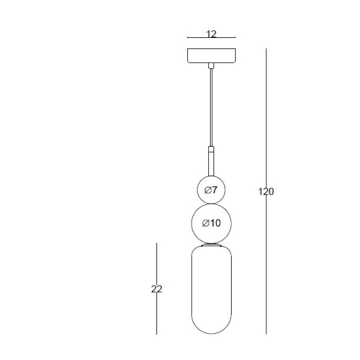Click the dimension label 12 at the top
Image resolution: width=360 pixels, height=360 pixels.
point(211,34)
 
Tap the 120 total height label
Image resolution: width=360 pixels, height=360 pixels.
point(266,192)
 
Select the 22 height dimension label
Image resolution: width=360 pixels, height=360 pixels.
point(156,289)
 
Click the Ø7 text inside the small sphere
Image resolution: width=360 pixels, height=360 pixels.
point(211,190)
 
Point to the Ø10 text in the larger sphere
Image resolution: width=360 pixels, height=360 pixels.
point(211,223)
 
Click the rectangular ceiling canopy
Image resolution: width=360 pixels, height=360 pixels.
point(211,56)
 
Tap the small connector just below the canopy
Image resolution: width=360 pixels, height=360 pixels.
point(211,65)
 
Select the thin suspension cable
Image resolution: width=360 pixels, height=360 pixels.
point(211,107)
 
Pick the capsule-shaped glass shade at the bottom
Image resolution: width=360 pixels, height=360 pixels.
point(211,290)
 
